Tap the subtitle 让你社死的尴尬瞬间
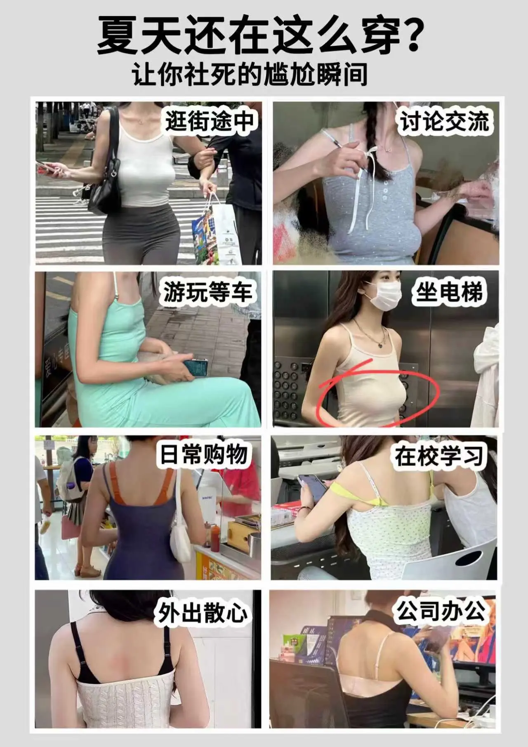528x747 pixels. (250, 74)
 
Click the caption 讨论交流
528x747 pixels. (445, 121)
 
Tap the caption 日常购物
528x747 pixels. (204, 455)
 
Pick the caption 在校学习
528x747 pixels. (439, 456)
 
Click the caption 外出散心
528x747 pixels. (202, 613)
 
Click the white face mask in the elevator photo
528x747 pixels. (385, 296)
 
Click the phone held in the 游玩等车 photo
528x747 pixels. (195, 367)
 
